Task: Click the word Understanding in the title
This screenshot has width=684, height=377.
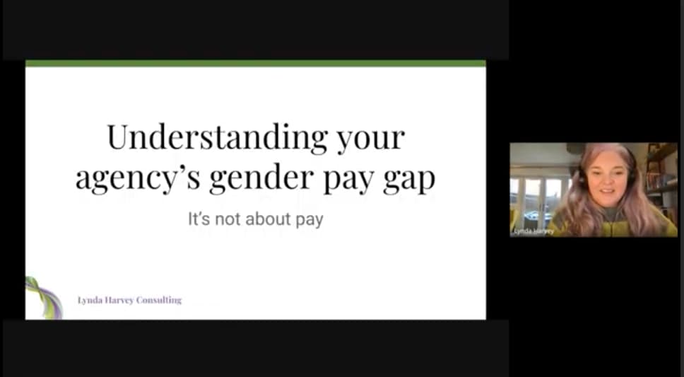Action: [217, 137]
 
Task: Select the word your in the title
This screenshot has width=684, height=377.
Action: [371, 141]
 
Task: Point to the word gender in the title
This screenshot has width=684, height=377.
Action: [261, 178]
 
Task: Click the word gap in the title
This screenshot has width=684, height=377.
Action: [409, 181]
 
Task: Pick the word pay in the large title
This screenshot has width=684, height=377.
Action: [348, 181]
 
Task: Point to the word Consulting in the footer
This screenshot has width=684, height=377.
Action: [159, 300]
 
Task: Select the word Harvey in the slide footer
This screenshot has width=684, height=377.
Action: [119, 300]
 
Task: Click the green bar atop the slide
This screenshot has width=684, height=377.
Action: [256, 64]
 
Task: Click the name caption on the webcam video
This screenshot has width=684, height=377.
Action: [533, 231]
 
